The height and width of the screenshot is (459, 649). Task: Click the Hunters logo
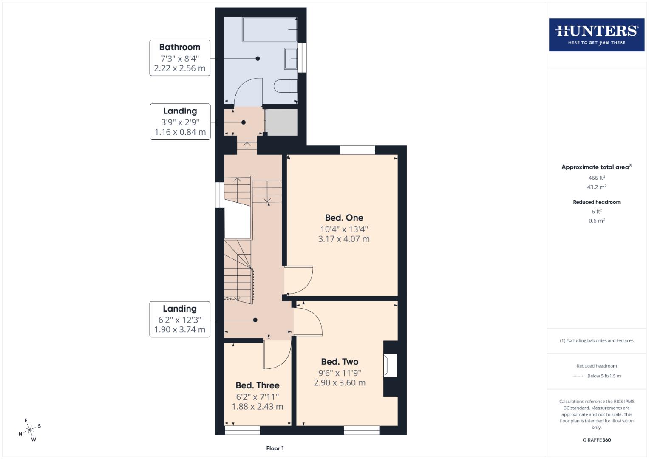596,34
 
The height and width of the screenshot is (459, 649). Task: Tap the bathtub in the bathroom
269,29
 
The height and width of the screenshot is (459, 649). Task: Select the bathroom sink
291,58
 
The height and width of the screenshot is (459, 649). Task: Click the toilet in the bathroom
285,86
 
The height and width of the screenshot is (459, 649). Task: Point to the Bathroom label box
180,58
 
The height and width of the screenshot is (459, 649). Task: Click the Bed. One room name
344,218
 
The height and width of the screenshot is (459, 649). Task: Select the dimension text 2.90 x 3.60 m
340,382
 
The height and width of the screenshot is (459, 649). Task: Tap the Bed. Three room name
258,385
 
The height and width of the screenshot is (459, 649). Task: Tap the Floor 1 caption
275,448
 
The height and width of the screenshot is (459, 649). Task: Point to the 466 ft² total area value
596,178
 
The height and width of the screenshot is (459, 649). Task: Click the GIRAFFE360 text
596,440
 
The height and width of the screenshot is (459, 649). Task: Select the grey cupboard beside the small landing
281,122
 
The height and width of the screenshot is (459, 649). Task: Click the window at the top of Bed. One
357,150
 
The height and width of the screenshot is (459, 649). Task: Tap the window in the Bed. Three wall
242,431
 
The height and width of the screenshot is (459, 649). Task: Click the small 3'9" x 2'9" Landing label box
180,122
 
